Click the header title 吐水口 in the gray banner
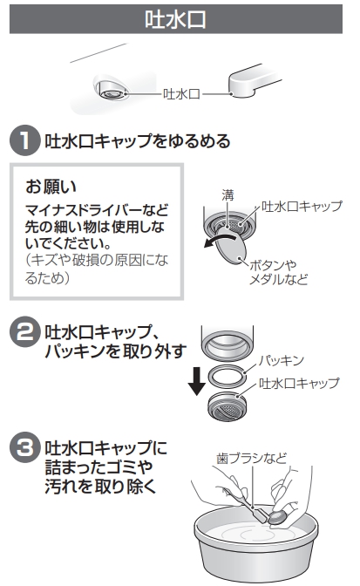[175, 19]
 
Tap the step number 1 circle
[24, 140]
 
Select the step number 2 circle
[24, 331]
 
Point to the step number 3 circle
[24, 447]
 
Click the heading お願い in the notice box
[51, 186]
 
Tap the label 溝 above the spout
[228, 195]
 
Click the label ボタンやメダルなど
[278, 272]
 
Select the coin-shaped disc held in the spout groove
[231, 246]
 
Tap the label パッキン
[282, 360]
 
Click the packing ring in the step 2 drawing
[228, 376]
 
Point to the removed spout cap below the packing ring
[228, 406]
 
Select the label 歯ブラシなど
[252, 458]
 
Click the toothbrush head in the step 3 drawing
[261, 514]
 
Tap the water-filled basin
[255, 544]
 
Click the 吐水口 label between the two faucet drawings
[181, 94]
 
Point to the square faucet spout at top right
[252, 80]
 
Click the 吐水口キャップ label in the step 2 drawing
[299, 383]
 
